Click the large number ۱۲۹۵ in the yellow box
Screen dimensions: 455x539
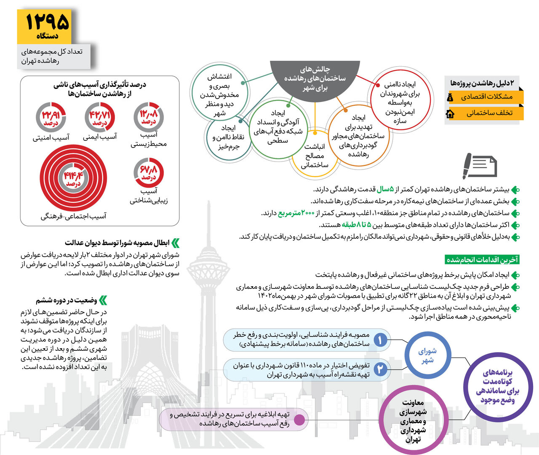[x=47, y=22]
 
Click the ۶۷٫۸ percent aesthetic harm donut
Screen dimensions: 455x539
[x=149, y=172]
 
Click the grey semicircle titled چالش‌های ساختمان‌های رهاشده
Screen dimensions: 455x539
[x=315, y=78]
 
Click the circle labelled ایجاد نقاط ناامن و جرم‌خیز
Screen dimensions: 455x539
[x=228, y=137]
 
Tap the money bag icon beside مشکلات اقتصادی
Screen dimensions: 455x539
[x=450, y=97]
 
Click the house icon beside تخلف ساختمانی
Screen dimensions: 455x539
[x=450, y=113]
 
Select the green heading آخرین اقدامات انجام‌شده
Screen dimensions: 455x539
[x=482, y=259]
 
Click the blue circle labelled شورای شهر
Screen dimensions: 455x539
[x=427, y=355]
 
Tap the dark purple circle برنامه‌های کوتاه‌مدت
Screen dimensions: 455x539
[x=498, y=386]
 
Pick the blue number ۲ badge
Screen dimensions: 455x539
[x=380, y=369]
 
